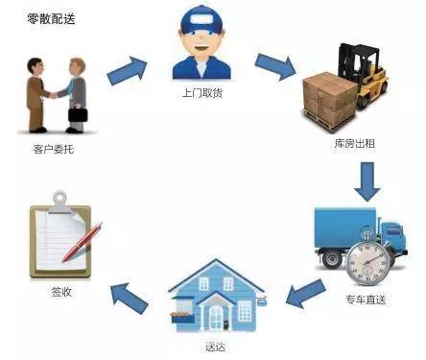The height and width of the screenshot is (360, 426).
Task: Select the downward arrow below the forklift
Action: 366,181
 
